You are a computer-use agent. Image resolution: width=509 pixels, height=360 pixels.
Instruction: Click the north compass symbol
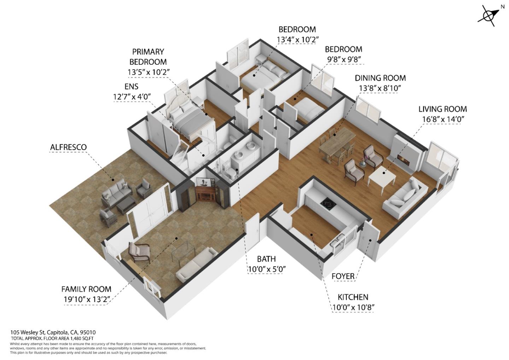click(x=488, y=16)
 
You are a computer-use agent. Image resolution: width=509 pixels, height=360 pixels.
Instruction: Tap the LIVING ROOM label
click(x=442, y=109)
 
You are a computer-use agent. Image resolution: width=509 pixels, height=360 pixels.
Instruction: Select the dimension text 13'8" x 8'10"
click(x=380, y=88)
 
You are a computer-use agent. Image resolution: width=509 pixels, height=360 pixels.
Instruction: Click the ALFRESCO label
click(x=68, y=147)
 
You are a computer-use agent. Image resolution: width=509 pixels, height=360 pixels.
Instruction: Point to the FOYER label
click(x=343, y=276)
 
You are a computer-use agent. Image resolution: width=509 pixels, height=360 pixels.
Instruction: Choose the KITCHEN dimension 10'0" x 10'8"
click(x=353, y=307)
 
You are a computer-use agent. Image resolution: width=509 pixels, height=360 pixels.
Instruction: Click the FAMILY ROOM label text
click(x=86, y=289)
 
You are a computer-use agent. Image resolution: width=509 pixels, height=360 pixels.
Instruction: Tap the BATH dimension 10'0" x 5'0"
click(x=267, y=269)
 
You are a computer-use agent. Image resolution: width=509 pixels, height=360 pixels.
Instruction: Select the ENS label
click(x=131, y=87)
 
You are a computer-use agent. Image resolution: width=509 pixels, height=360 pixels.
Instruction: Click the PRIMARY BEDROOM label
click(x=148, y=57)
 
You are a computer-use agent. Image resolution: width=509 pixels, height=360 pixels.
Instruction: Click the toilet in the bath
click(x=232, y=173)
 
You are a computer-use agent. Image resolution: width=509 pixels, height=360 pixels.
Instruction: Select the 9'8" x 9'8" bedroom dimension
click(x=343, y=59)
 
